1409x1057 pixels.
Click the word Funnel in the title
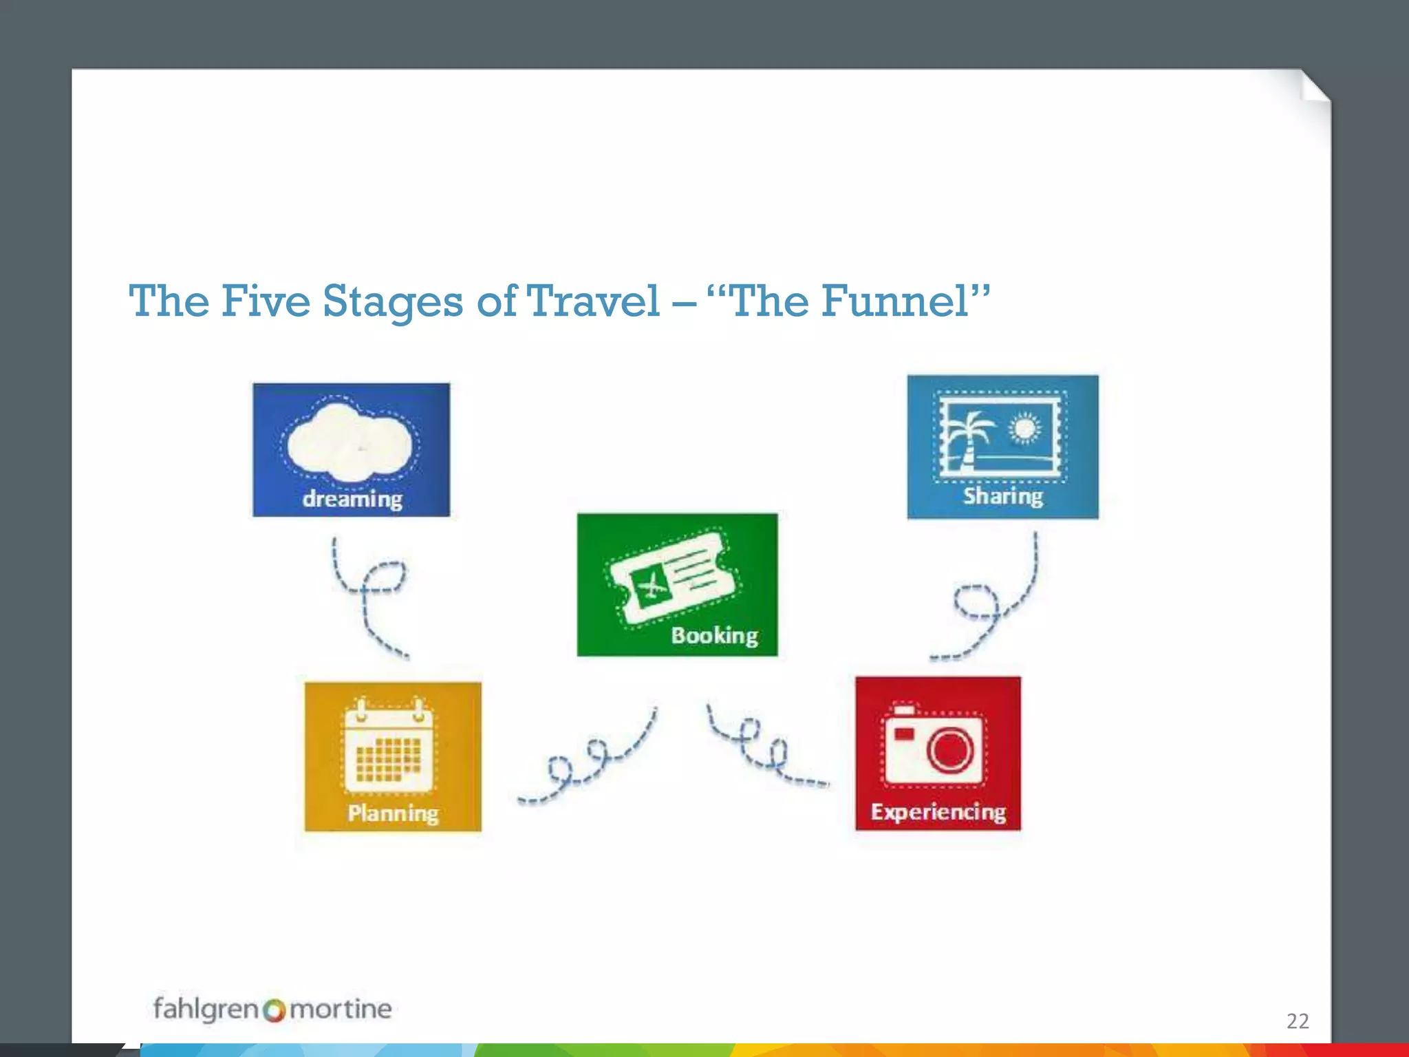(x=895, y=301)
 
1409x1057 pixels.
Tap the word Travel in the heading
(x=593, y=301)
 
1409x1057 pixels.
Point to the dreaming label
(x=352, y=498)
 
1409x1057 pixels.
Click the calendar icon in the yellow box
(x=389, y=747)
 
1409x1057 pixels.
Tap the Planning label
(x=393, y=813)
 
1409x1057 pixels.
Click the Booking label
(x=714, y=635)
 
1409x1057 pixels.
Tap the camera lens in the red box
(x=950, y=750)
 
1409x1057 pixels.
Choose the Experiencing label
(x=938, y=812)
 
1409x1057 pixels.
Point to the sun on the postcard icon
(x=1025, y=428)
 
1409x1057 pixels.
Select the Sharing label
(x=1002, y=495)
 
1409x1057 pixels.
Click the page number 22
(x=1298, y=1021)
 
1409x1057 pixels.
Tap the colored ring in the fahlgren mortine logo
(x=274, y=1010)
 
